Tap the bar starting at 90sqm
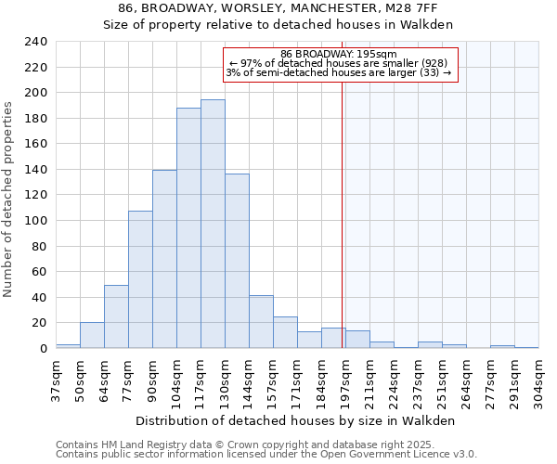(164, 259)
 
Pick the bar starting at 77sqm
(140, 279)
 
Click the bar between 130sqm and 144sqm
(237, 261)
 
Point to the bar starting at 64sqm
(116, 316)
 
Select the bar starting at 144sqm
(261, 322)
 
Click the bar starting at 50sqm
(92, 335)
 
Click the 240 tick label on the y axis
(35, 42)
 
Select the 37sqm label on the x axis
(56, 378)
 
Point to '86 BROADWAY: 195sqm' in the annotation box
(338, 54)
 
